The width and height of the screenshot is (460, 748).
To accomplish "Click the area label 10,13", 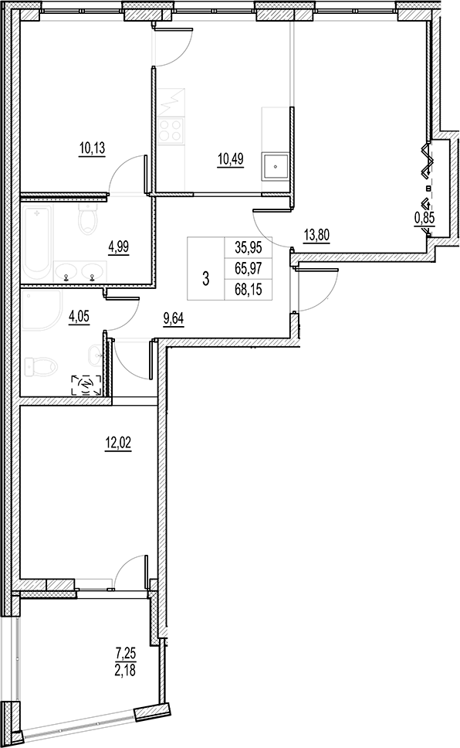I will pos(91,147).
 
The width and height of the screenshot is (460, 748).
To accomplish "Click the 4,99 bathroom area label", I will pos(119,247).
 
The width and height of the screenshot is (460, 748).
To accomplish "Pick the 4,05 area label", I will pos(80,315).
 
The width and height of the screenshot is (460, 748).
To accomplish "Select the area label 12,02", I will pos(117,443).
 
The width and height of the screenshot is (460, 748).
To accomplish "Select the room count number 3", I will pos(205,279).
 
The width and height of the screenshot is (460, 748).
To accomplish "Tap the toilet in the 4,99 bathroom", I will pos(86,222).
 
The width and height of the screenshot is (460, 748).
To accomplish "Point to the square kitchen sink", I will pos(275,166).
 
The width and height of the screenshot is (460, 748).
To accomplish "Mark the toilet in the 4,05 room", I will pos(37,365).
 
